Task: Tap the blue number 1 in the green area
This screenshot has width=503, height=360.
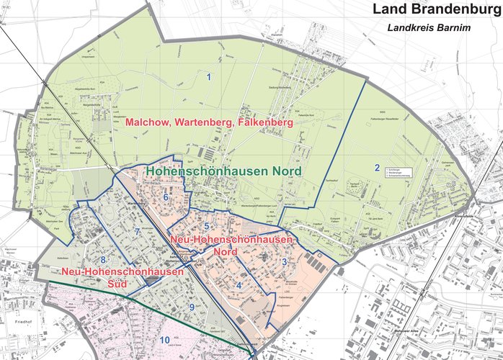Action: [x=209, y=76]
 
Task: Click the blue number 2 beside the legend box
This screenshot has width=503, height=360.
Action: [x=376, y=168]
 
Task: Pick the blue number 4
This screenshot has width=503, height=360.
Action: [x=239, y=285]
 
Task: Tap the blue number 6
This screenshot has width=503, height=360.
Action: [x=166, y=197]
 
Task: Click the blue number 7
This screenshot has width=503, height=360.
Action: [x=136, y=232]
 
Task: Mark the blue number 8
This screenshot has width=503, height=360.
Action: [x=103, y=260]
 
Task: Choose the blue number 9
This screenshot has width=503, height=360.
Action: [x=192, y=307]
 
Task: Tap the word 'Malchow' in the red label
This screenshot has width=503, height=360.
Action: [x=150, y=123]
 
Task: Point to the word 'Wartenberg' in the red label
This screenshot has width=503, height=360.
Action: [x=205, y=123]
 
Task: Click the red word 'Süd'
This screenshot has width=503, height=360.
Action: [x=116, y=284]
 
